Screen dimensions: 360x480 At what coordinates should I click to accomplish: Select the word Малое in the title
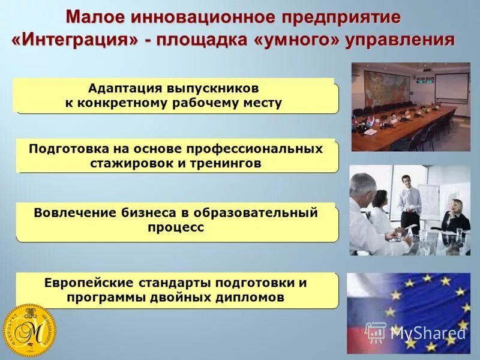click(97, 17)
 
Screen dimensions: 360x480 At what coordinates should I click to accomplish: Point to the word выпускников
click(209, 88)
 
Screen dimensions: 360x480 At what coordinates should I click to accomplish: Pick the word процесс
click(176, 227)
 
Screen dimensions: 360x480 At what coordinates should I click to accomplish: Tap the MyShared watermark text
click(428, 333)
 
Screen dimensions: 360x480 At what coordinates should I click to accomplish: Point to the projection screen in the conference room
click(451, 86)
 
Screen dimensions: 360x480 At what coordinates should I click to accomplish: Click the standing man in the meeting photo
click(410, 201)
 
